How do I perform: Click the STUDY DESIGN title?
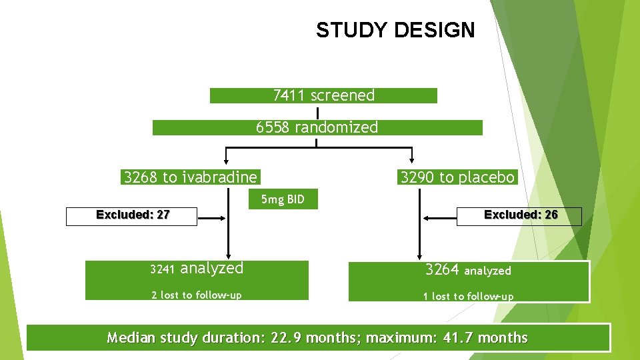(x=395, y=30)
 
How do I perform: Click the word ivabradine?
(x=219, y=177)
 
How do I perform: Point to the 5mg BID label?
(x=283, y=199)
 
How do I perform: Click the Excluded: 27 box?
(x=132, y=215)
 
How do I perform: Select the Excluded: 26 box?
(x=519, y=215)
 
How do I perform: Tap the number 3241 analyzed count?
(x=162, y=269)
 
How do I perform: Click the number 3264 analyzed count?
(x=442, y=269)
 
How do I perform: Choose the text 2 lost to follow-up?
(x=197, y=295)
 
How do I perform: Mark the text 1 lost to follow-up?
(x=468, y=296)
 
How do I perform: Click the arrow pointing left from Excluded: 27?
(x=213, y=217)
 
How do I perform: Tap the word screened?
(x=343, y=95)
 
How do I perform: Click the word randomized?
(x=337, y=127)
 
